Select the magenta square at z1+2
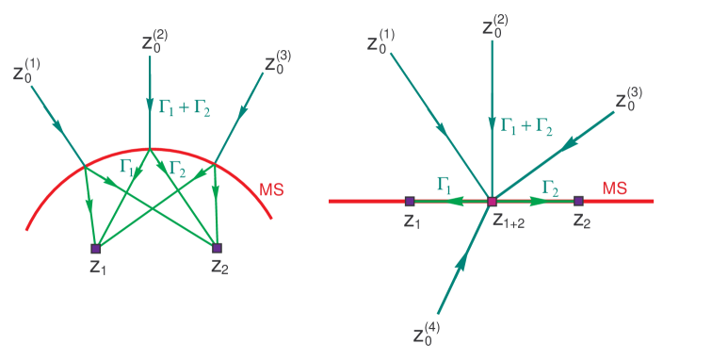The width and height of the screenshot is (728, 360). click(x=492, y=201)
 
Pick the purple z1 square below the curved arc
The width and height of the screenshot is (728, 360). click(x=95, y=249)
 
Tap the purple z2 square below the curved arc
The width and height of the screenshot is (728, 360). click(x=217, y=249)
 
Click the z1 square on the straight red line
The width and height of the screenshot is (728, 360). click(x=409, y=201)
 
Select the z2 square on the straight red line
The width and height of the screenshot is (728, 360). click(x=578, y=201)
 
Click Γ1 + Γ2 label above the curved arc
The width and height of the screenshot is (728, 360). click(x=185, y=109)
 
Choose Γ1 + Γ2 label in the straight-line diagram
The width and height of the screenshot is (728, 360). click(x=526, y=125)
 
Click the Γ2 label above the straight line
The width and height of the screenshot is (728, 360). click(x=552, y=186)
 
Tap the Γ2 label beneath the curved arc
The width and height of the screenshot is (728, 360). click(x=177, y=167)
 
